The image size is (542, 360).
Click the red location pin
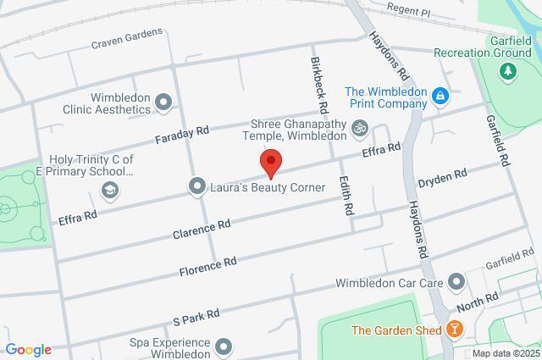click(271, 162)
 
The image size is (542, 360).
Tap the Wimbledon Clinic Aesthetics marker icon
click(164, 104)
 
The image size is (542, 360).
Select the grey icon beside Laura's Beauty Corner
click(197, 185)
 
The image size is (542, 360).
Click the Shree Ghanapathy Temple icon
click(361, 128)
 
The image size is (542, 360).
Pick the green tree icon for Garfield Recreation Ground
click(508, 73)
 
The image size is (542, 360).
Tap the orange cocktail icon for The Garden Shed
click(456, 330)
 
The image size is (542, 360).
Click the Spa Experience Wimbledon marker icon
click(224, 346)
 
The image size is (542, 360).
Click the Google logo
click(27, 350)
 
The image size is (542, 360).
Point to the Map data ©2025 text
click(505, 353)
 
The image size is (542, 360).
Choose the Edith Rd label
click(346, 194)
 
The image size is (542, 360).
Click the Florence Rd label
click(207, 267)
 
